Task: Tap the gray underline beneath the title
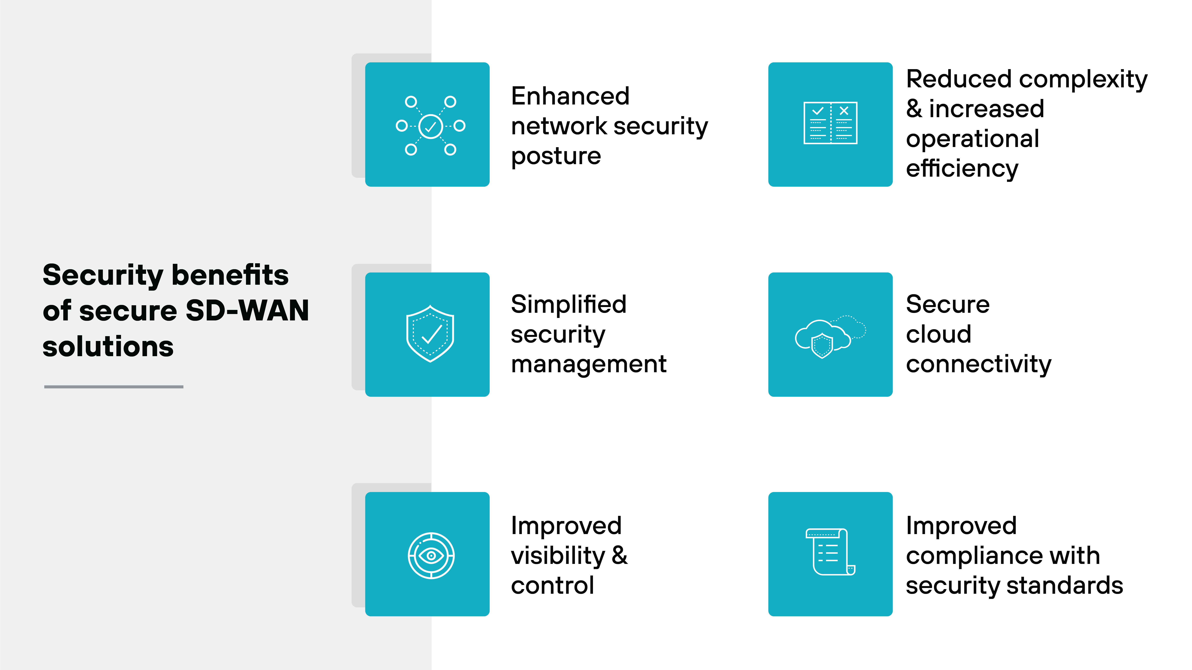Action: (114, 387)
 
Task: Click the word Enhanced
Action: (570, 96)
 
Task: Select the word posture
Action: (556, 156)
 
